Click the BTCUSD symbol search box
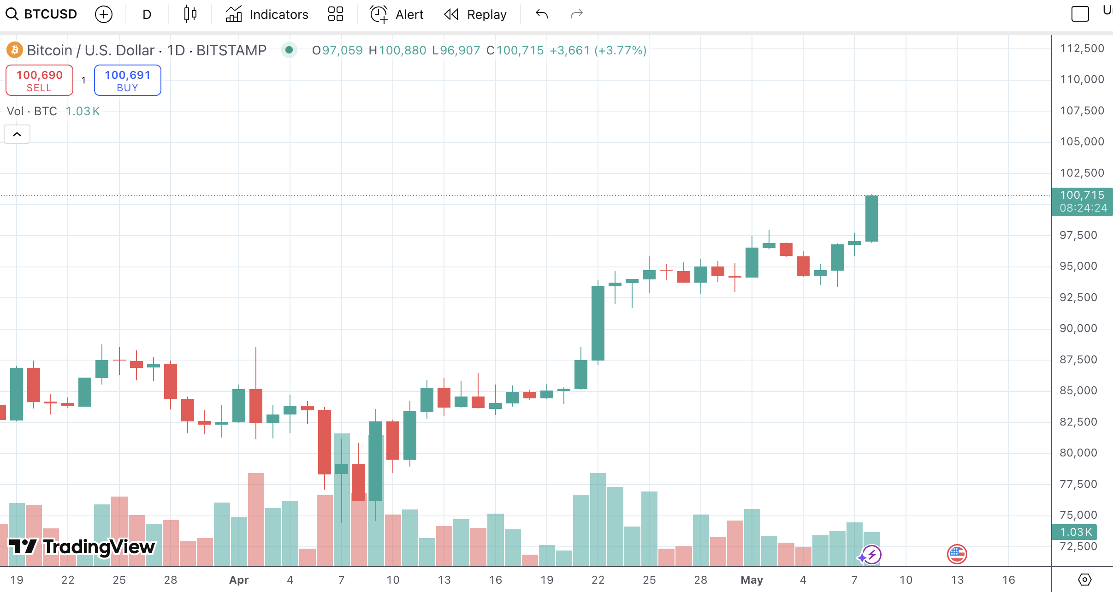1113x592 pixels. click(41, 14)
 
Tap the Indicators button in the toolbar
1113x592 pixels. click(267, 14)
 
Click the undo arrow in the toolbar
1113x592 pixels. click(542, 14)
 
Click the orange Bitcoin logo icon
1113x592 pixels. click(15, 50)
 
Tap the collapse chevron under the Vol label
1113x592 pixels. click(17, 134)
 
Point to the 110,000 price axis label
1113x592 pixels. click(1082, 79)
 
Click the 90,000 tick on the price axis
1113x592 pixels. click(1078, 328)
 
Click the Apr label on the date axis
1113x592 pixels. click(239, 580)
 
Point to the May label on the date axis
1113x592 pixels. click(752, 580)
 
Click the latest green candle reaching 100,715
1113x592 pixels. click(871, 218)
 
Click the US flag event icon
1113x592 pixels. click(957, 554)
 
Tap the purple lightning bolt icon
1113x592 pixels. click(871, 554)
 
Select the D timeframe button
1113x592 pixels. click(147, 14)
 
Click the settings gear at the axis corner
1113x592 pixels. click(1084, 580)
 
